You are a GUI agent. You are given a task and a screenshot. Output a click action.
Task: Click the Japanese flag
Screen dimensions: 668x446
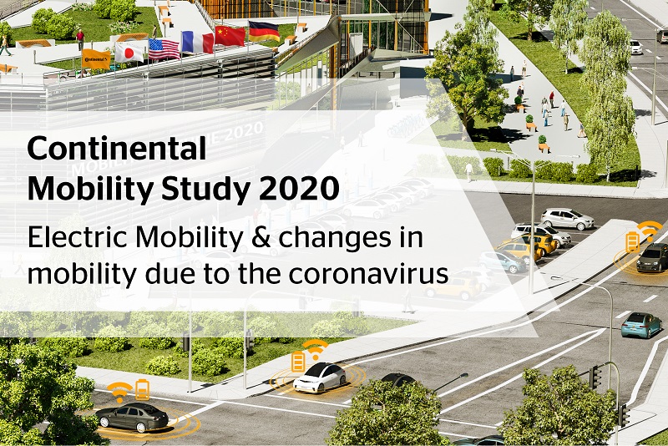pos(129,53)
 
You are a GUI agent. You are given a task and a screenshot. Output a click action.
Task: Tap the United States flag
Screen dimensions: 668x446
pos(164,49)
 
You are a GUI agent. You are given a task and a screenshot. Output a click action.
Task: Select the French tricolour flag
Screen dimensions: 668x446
pos(198,43)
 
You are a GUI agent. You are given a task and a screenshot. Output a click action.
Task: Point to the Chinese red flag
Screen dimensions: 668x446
pos(230,36)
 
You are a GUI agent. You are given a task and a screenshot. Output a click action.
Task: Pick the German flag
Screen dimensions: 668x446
pos(264,31)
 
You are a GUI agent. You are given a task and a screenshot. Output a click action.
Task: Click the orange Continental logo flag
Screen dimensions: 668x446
pos(96,59)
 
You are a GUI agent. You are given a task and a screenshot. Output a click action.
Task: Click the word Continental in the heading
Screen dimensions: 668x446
pos(117,148)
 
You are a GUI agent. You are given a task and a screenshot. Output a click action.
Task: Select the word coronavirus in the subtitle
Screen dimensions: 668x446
pos(368,273)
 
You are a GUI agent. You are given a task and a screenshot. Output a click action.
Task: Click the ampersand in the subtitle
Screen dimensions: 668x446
pos(261,237)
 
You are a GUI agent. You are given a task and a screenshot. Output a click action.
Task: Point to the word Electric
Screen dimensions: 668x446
pos(78,237)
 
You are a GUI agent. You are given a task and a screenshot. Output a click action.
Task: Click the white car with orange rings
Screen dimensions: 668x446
pos(320,378)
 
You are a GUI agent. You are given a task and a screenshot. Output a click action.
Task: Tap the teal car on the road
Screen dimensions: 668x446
pos(641,325)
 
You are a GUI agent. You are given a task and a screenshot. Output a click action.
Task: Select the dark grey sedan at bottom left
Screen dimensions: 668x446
pos(132,416)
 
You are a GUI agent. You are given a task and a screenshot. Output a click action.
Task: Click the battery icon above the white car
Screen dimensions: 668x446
pos(298,362)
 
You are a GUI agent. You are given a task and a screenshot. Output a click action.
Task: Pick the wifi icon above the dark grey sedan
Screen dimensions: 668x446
pos(119,391)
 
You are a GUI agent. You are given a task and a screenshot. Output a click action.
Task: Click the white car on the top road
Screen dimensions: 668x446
pos(636,47)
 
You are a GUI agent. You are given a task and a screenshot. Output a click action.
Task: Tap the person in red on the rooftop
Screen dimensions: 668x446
pos(80,39)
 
